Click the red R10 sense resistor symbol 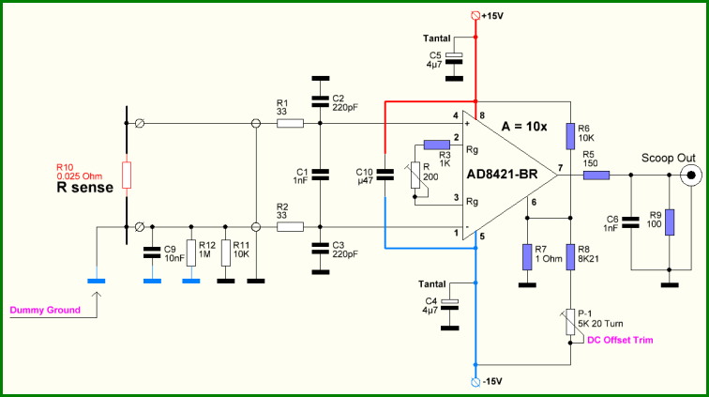point(127,175)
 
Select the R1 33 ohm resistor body point(290,123)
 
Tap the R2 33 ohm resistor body point(290,227)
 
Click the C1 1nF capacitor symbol point(320,175)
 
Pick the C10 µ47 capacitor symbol point(385,175)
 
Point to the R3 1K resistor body point(437,145)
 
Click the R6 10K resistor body point(570,136)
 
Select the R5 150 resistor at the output point(596,175)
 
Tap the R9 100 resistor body point(670,222)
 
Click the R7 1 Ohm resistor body point(527,256)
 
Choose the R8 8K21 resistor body point(570,256)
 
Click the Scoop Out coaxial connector point(691,176)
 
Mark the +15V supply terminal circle point(475,15)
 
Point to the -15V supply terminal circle point(475,382)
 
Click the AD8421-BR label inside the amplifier point(502,175)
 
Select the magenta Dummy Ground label point(45,310)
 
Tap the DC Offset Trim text point(620,340)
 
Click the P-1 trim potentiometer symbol point(570,322)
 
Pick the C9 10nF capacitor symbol point(152,252)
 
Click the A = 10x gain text point(524,127)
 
